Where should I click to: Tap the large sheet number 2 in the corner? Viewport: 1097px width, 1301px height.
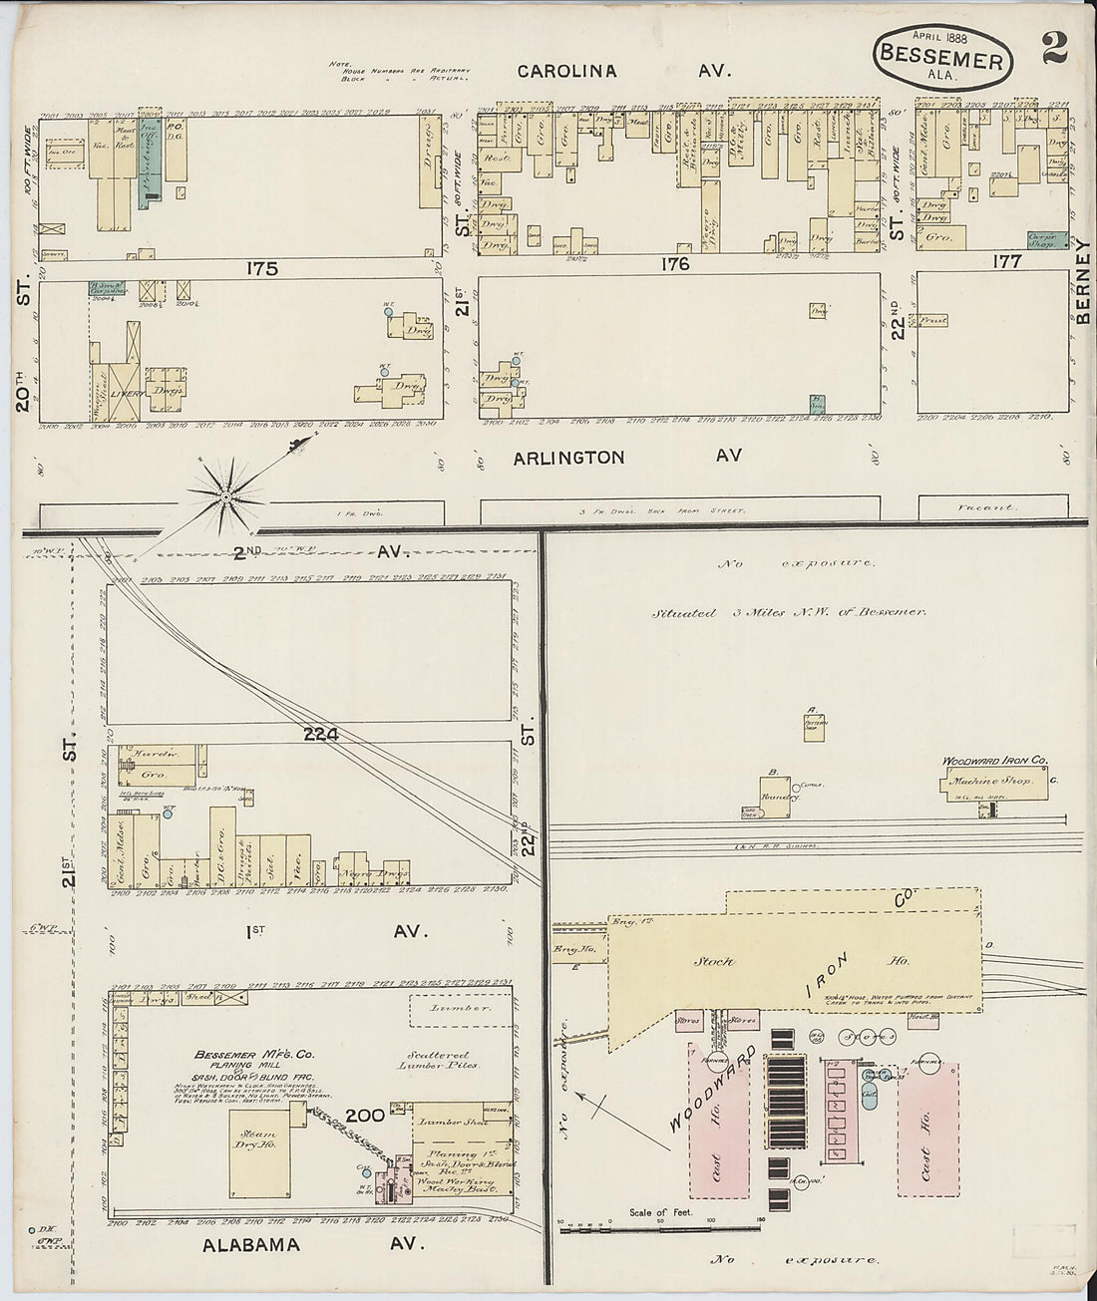coord(1053,47)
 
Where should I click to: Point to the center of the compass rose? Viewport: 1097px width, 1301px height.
coord(226,495)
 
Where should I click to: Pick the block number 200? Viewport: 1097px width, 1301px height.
coord(364,1115)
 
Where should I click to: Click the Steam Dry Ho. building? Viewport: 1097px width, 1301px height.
coord(254,1151)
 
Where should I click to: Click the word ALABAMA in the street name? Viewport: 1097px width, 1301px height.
coord(250,1245)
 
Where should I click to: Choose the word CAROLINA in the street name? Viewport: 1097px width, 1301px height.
coord(566,72)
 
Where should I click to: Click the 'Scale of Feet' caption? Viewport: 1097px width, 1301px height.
coord(660,1213)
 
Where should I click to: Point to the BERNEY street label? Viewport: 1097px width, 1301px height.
coord(1084,283)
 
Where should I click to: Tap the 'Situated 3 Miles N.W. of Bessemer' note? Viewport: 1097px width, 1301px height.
coord(789,612)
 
